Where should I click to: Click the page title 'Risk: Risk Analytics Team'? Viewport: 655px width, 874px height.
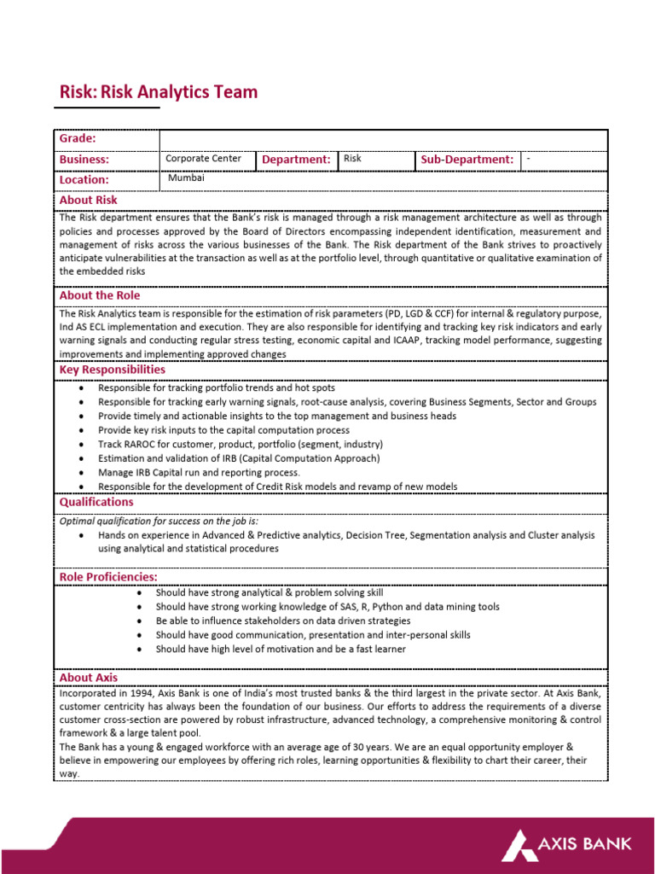coord(158,92)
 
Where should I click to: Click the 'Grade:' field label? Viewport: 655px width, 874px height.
coord(77,139)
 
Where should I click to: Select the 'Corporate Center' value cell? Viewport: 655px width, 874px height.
coord(203,159)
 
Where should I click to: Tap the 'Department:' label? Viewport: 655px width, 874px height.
coord(296,160)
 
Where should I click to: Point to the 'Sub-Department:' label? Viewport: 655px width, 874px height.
coord(467,160)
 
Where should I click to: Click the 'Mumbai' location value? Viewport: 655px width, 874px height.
coord(186,178)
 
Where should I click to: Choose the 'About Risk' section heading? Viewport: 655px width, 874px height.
coord(88,200)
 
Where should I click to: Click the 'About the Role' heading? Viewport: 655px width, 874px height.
coord(100,295)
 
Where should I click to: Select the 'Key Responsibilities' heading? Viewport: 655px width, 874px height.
coord(113,370)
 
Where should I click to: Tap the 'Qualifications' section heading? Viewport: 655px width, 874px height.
coord(96,502)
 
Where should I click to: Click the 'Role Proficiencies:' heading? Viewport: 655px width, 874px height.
coord(108,577)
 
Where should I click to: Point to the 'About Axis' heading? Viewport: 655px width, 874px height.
coord(88,677)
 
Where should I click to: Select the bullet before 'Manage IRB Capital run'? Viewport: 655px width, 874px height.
coord(80,473)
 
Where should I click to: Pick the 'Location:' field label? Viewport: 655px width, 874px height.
coord(84,180)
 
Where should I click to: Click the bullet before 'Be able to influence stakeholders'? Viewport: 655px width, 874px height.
coord(138,621)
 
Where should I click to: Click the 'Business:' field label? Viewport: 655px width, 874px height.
coord(84,160)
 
